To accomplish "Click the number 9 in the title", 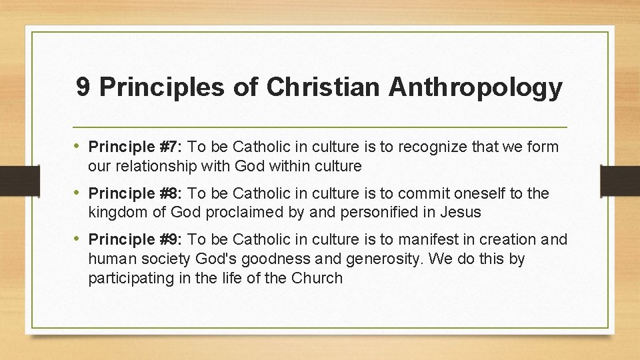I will pyautogui.click(x=83, y=87).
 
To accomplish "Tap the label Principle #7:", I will pyautogui.click(x=137, y=146).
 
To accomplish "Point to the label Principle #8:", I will pyautogui.click(x=137, y=193).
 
